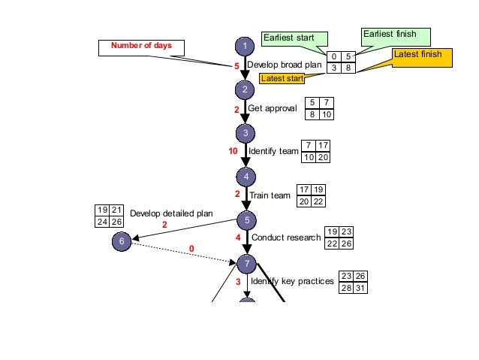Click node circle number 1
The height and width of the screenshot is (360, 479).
pyautogui.click(x=245, y=47)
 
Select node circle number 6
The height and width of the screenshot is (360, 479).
pyautogui.click(x=122, y=241)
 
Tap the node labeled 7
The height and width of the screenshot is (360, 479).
pyautogui.click(x=246, y=264)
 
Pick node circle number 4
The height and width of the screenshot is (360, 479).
pyautogui.click(x=246, y=177)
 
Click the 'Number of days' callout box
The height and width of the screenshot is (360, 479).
pyautogui.click(x=142, y=47)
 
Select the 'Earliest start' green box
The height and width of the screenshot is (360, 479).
pyautogui.click(x=294, y=38)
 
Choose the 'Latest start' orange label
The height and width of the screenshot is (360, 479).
pyautogui.click(x=282, y=78)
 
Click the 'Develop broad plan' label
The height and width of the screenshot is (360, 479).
pyautogui.click(x=285, y=65)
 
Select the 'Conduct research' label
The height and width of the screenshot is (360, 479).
pyautogui.click(x=286, y=237)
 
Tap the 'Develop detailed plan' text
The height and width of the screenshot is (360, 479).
pyautogui.click(x=171, y=213)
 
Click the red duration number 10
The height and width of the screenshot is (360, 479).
pyautogui.click(x=233, y=150)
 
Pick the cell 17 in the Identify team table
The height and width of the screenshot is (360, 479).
pyautogui.click(x=323, y=146)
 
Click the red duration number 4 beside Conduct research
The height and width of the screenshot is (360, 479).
pyautogui.click(x=238, y=237)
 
